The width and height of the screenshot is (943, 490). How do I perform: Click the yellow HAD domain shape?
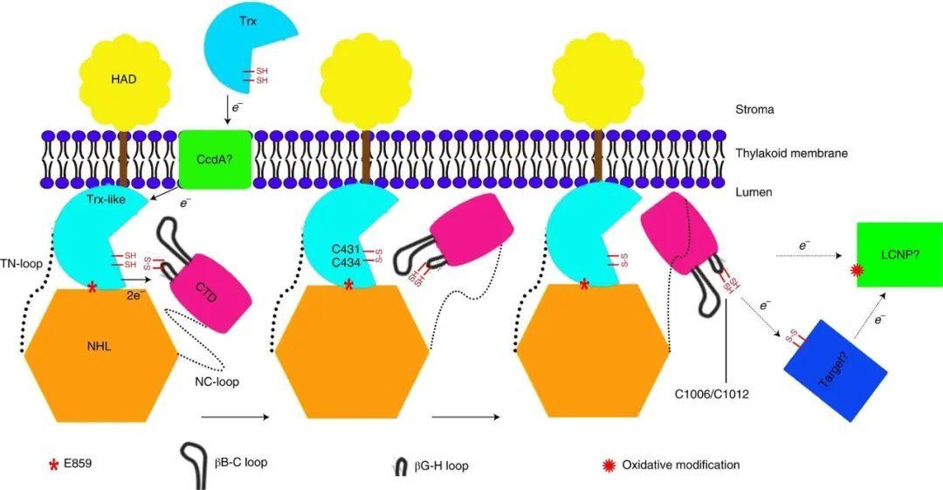pos(124,80)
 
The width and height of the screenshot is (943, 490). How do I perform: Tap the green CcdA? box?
pos(214,159)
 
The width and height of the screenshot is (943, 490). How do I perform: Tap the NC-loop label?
pos(218,381)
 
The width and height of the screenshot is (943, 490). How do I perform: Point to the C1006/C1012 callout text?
pos(712,394)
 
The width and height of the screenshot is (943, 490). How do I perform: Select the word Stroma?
pos(754,110)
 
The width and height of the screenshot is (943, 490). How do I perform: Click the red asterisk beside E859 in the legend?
pos(57,464)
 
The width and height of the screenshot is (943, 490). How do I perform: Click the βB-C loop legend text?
pos(240,463)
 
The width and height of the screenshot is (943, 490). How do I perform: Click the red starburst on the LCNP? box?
pos(856,273)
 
